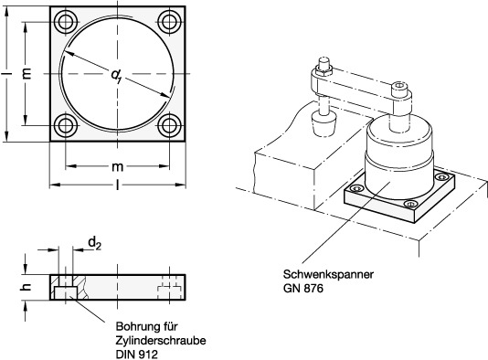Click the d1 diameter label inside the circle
coord(116,76)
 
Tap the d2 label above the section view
coord(95,243)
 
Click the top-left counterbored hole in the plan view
coord(66,22)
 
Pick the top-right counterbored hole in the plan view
coord(169,22)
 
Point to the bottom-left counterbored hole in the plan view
coord(66,125)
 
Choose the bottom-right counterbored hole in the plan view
coord(169,125)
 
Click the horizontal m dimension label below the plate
coord(117,167)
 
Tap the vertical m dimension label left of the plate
coord(27,73)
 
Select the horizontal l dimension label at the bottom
coord(117,185)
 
